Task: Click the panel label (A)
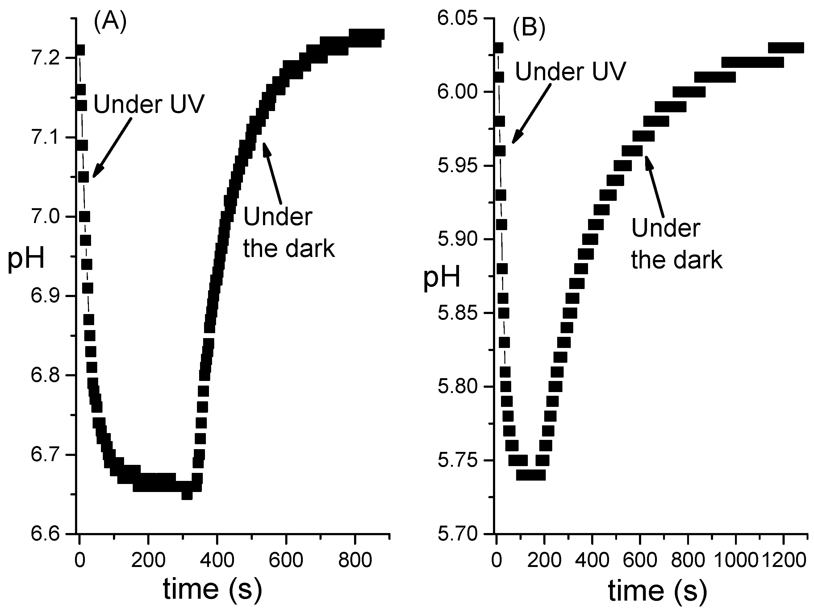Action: point(110,22)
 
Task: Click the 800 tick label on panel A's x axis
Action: point(355,560)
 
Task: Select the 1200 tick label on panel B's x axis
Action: point(783,560)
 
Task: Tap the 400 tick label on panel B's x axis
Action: point(592,560)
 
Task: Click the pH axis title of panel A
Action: point(26,258)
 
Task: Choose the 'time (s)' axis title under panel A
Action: point(213,589)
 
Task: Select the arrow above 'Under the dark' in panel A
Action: point(272,173)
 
